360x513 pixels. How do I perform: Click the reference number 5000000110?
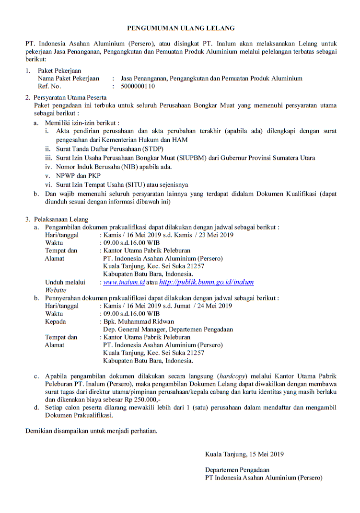coord(138,87)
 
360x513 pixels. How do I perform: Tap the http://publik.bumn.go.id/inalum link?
coord(206,283)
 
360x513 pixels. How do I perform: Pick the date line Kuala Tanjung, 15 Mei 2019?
coord(244,454)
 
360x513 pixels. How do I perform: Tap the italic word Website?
coord(56,290)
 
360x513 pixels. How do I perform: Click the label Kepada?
coord(55,321)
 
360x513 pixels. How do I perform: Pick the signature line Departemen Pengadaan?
coord(237,470)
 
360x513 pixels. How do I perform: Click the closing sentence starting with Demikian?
coord(91,431)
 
